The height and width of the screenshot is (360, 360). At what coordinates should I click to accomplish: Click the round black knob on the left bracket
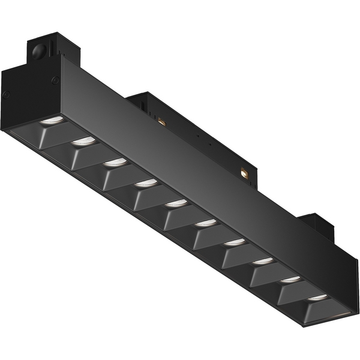click(40, 50)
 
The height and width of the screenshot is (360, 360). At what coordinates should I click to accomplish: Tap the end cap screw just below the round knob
click(55, 80)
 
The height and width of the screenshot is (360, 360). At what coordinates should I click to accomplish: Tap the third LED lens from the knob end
click(114, 162)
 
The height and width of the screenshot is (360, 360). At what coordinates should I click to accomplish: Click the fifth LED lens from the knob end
click(176, 203)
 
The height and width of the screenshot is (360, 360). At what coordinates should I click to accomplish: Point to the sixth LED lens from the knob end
click(205, 223)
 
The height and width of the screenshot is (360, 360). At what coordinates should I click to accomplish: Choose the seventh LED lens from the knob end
click(235, 242)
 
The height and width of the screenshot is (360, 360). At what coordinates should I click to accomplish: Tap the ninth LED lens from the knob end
click(291, 279)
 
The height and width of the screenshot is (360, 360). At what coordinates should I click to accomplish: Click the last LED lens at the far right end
click(319, 297)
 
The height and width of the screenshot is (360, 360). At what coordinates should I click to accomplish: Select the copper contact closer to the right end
click(245, 172)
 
